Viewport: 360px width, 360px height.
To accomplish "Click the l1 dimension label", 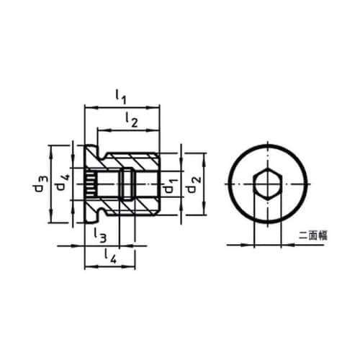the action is (x=121, y=96).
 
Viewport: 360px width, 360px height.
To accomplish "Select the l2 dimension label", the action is (x=132, y=120).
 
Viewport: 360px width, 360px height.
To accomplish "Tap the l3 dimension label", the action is (x=99, y=235).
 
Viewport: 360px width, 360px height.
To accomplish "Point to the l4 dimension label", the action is (x=110, y=256).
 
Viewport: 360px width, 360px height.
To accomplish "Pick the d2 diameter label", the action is (x=194, y=185).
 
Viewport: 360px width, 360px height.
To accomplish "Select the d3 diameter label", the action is (x=41, y=184).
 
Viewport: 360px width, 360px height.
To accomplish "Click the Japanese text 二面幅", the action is (x=313, y=235).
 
